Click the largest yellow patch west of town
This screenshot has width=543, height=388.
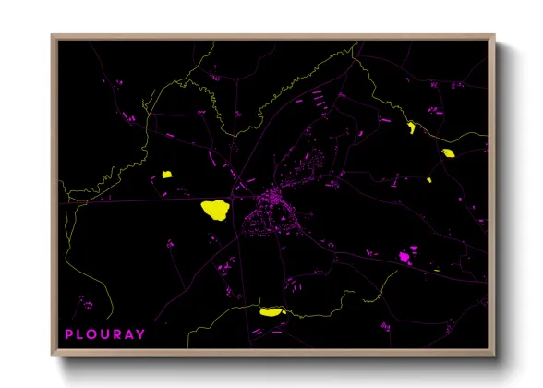(214, 210)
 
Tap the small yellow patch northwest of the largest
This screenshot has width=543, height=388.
(168, 174)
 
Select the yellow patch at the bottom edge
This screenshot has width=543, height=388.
(271, 312)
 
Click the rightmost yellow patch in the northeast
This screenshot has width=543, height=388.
(449, 153)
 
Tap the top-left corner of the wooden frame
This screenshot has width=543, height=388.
(53, 37)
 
